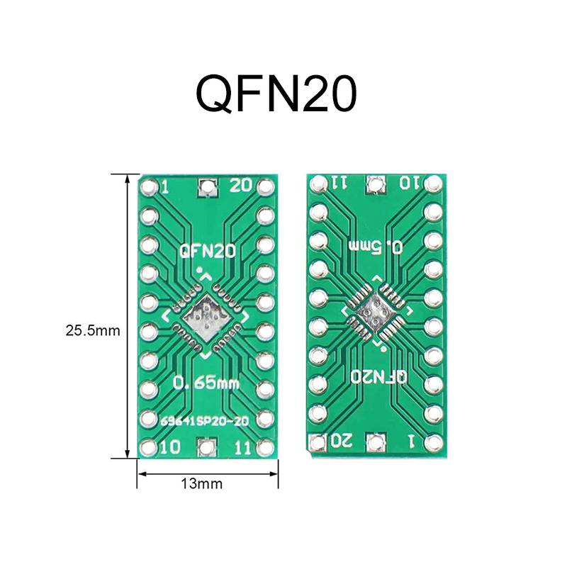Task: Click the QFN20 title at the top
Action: [276, 94]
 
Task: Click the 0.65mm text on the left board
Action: [206, 383]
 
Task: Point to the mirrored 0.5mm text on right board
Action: [378, 247]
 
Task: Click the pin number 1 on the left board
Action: [165, 186]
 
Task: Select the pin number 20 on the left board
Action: [241, 186]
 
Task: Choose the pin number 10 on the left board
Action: [169, 447]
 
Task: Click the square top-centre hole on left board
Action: [207, 187]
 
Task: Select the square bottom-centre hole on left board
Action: [207, 447]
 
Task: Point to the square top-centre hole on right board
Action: [374, 184]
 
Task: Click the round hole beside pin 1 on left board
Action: [148, 187]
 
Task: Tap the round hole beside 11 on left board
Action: [265, 447]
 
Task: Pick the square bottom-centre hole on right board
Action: [374, 442]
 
